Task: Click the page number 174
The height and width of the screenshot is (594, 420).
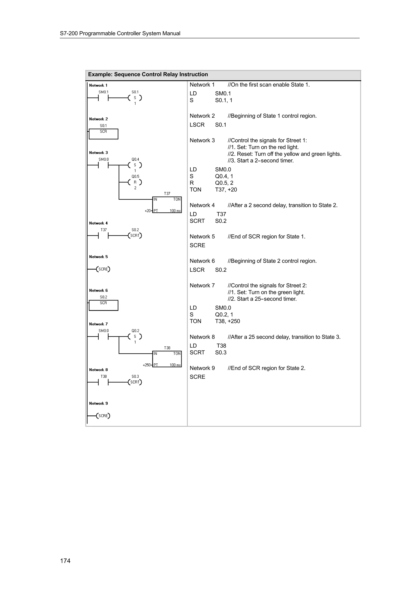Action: coord(65,561)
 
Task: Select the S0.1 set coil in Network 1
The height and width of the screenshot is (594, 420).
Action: coord(135,98)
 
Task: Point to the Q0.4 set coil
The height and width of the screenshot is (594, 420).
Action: coord(135,165)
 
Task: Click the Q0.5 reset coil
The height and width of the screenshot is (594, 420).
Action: coord(135,182)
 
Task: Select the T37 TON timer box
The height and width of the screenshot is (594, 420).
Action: coord(167,205)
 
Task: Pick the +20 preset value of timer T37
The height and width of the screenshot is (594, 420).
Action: coord(147,211)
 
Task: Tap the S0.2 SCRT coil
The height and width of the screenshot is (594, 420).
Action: coord(135,236)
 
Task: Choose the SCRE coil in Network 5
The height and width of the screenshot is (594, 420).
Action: coord(103,269)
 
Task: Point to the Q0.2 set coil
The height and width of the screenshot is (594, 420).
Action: coord(135,337)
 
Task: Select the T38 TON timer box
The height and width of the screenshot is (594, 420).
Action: coord(167,359)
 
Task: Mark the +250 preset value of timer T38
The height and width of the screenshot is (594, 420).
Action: coord(147,365)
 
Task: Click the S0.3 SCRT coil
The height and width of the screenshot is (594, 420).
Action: coord(135,382)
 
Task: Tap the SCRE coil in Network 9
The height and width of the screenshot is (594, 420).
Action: coord(103,416)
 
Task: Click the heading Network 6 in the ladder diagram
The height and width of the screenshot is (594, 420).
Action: coord(98,290)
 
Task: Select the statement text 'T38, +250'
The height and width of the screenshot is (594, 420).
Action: coord(227,321)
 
